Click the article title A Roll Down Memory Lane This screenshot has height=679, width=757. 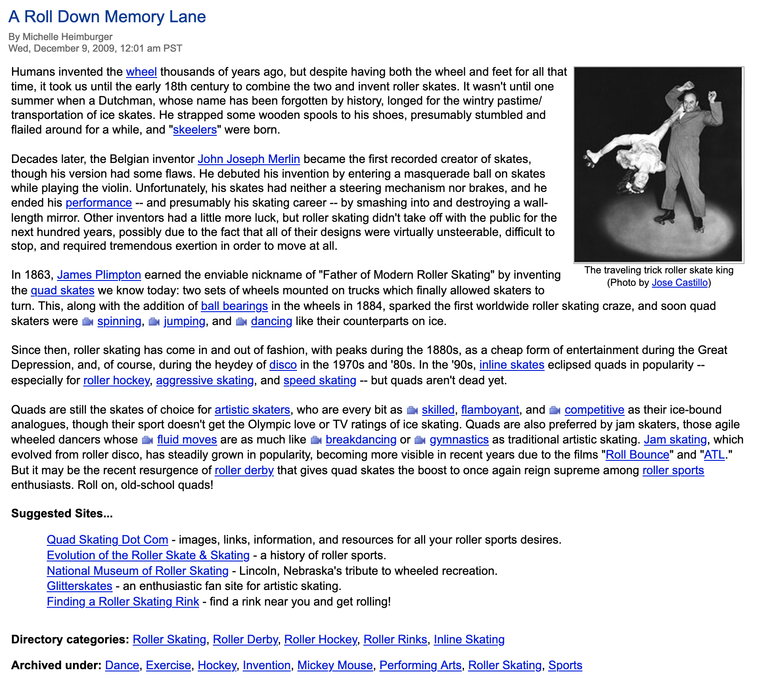[107, 17]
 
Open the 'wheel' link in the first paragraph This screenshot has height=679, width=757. [141, 72]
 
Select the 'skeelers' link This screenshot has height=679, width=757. [195, 130]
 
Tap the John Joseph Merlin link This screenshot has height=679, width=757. [248, 159]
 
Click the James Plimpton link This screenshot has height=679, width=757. [99, 275]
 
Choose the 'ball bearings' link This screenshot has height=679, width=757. [234, 306]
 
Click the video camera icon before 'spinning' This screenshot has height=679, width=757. [88, 321]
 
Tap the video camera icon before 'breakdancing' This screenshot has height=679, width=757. [316, 440]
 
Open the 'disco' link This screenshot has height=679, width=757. [283, 365]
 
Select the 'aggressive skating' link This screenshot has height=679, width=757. [205, 380]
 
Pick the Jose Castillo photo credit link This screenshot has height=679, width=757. [680, 282]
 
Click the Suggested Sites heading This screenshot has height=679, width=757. [62, 513]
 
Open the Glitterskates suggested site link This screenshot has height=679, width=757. [79, 586]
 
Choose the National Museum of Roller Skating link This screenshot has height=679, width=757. [138, 571]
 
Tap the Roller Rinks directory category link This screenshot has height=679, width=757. [395, 639]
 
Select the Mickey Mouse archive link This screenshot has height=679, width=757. [335, 665]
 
